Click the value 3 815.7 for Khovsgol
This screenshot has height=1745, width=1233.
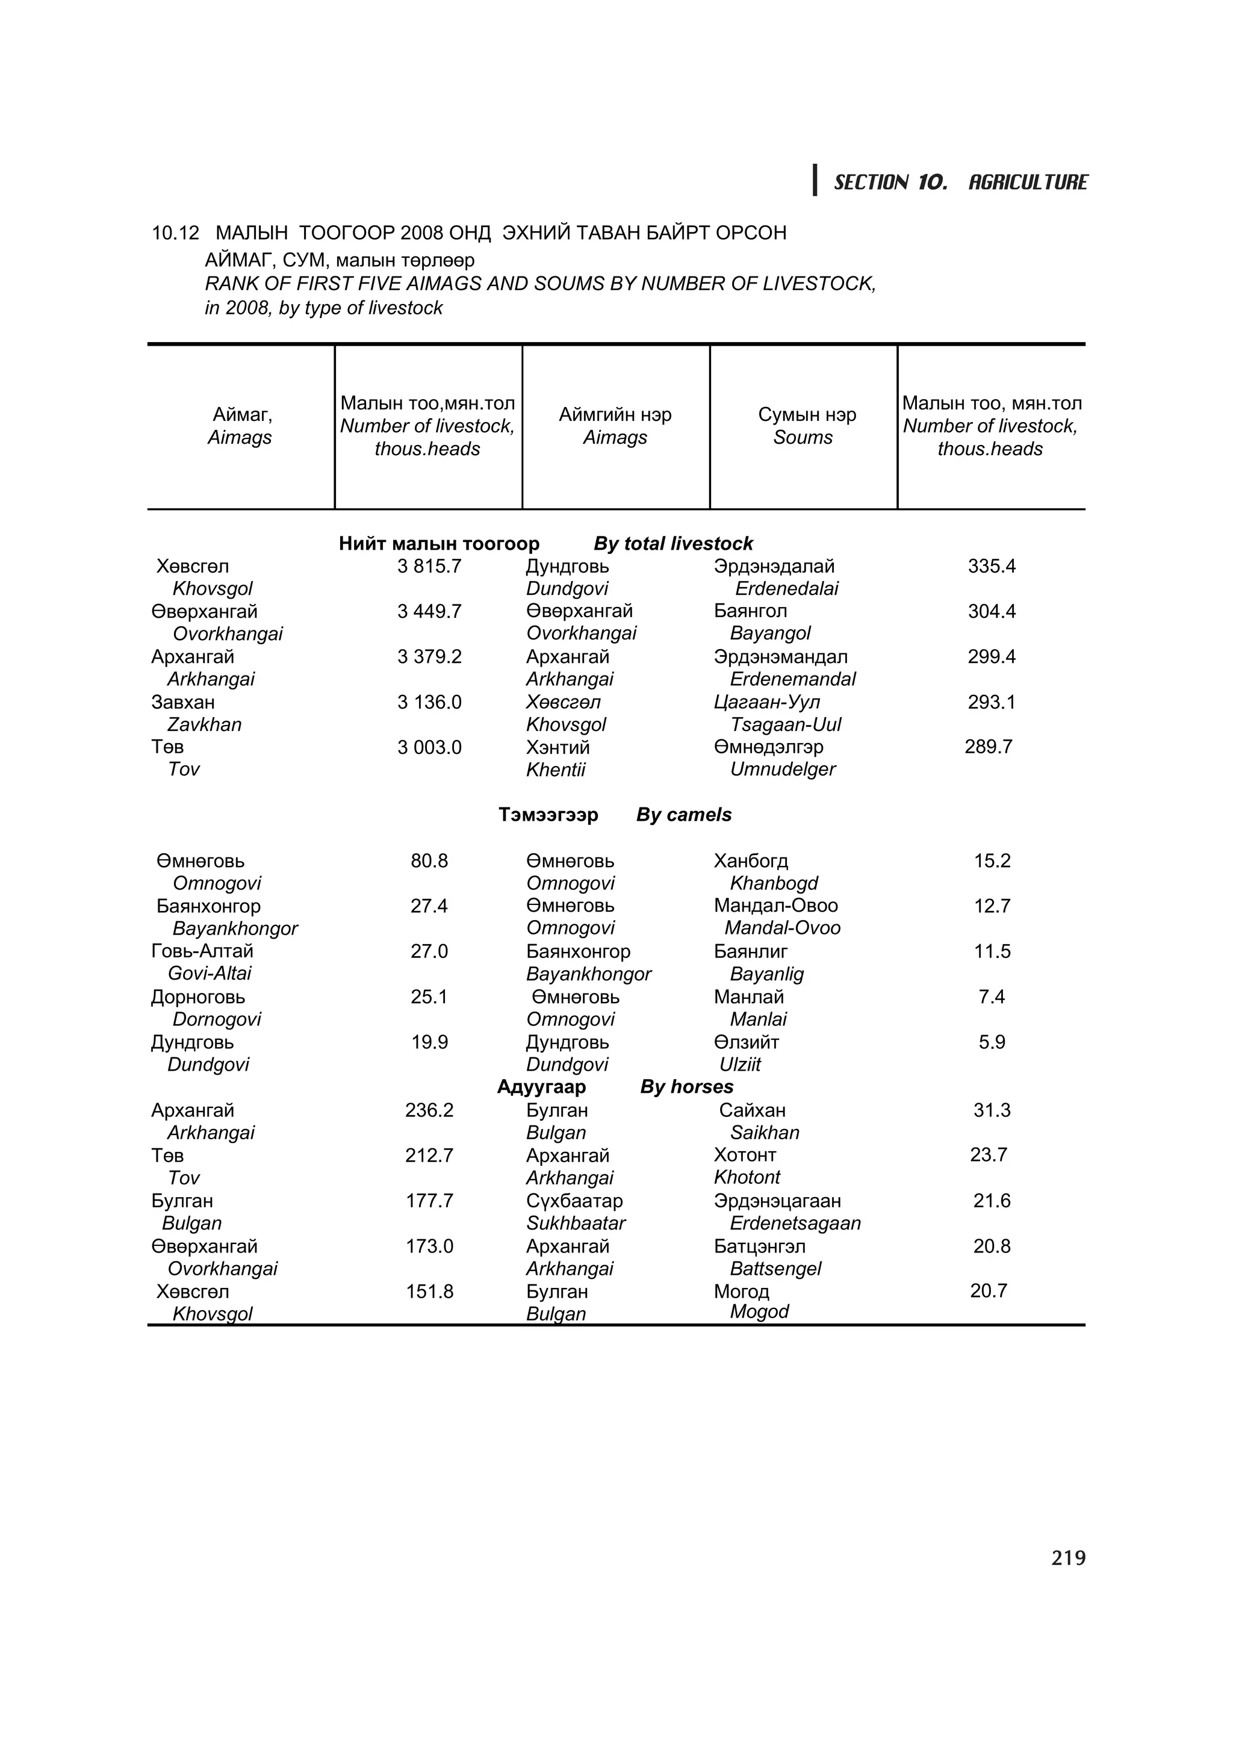pyautogui.click(x=429, y=566)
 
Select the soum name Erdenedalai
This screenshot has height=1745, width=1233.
pyautogui.click(x=786, y=588)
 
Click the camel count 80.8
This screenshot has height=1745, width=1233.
pyautogui.click(x=429, y=860)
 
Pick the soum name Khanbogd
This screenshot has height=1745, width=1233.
pyautogui.click(x=774, y=883)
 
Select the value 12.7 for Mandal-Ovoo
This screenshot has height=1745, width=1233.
pyautogui.click(x=992, y=906)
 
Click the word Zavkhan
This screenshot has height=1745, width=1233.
pyautogui.click(x=203, y=724)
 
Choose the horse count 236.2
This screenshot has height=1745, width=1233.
pyautogui.click(x=429, y=1110)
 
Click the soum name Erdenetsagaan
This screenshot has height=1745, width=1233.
pyautogui.click(x=795, y=1223)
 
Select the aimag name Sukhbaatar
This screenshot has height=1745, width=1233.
pyautogui.click(x=575, y=1223)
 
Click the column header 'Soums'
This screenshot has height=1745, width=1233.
pyautogui.click(x=803, y=438)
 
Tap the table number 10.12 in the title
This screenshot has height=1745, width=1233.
pyautogui.click(x=175, y=232)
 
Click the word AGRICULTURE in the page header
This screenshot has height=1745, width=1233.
pyautogui.click(x=1027, y=182)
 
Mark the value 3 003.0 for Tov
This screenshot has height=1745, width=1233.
pyautogui.click(x=429, y=747)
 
